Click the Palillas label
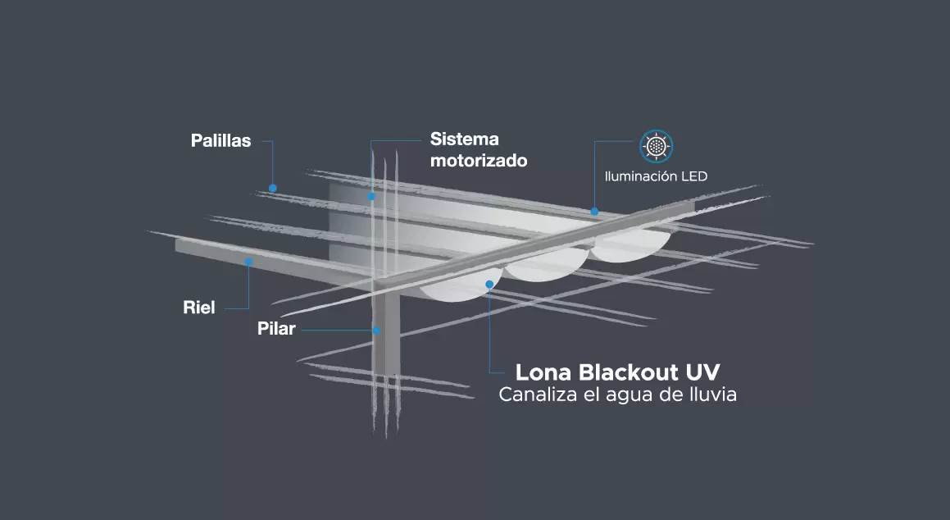pos(220,141)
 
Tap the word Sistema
pos(464,139)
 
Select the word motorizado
pos(479,161)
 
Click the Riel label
pos(198,308)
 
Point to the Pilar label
pos(275,330)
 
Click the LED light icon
pos(656,146)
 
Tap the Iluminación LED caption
pos(656,176)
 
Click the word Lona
pos(543,371)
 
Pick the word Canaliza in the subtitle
pos(534,395)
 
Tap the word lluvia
pos(710,395)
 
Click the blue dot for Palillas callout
pos(273,188)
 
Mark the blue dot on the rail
pos(248,262)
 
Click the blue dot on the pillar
pos(376,331)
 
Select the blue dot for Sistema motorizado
pos(371,196)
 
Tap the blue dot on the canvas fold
pos(489,285)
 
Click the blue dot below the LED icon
pos(595,212)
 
